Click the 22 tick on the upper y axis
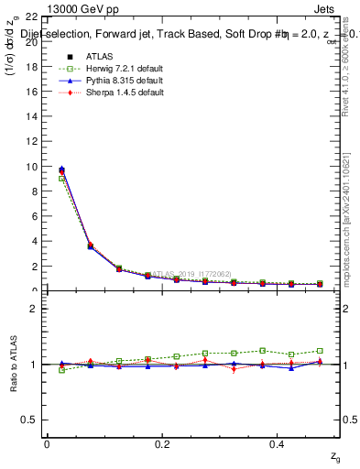(x=32, y=17)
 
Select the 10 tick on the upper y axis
(x=32, y=167)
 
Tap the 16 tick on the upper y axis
(x=32, y=93)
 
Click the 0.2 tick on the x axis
(x=163, y=443)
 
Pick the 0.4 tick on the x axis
(x=278, y=443)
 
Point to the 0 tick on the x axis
(x=48, y=443)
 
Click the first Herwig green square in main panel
(x=61, y=179)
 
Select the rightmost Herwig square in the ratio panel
(x=320, y=351)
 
